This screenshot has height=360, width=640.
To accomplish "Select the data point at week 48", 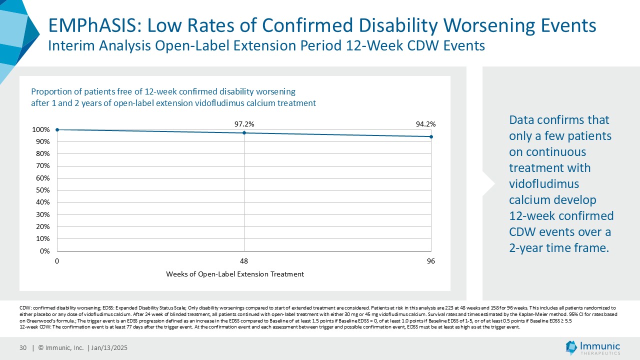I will (244, 133).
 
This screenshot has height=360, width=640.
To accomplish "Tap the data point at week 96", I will (431, 136).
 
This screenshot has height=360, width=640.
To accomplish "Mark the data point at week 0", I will (57, 129).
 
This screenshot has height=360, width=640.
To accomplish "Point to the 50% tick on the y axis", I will (42, 190).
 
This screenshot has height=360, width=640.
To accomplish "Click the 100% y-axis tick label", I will (40, 129).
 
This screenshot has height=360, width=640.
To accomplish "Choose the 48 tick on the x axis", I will (244, 261).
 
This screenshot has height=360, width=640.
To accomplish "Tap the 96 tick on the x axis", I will (431, 261).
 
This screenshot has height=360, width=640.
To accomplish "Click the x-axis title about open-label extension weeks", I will (235, 274).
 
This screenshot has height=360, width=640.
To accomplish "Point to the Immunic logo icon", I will (571, 347).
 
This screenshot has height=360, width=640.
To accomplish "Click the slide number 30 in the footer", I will (23, 348).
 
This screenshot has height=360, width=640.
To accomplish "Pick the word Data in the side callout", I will (522, 120).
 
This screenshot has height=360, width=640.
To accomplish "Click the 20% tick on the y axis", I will (42, 227).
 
